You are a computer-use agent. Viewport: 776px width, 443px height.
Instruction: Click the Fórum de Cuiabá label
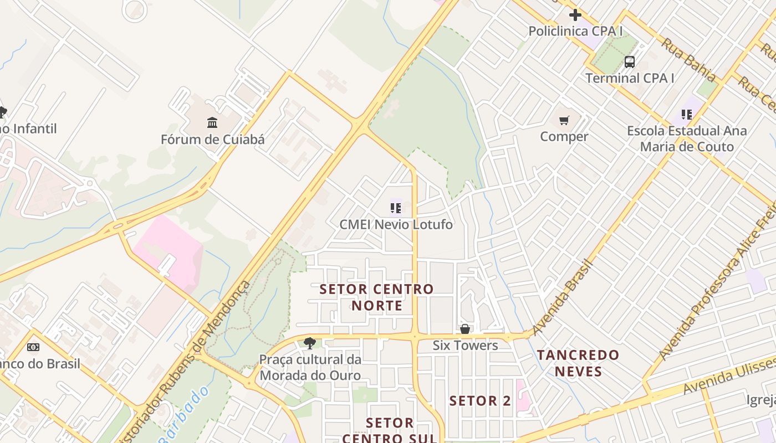pyautogui.click(x=212, y=139)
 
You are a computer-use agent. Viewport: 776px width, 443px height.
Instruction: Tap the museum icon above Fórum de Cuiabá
pyautogui.click(x=212, y=122)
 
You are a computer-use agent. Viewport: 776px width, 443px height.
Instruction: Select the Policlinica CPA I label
pyautogui.click(x=575, y=31)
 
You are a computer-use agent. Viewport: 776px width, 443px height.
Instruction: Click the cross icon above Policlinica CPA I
pyautogui.click(x=575, y=15)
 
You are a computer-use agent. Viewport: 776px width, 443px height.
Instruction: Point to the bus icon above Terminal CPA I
pyautogui.click(x=630, y=61)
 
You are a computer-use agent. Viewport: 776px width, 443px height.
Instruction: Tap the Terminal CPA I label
pyautogui.click(x=630, y=78)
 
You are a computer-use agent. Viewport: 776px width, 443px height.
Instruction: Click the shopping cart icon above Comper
pyautogui.click(x=564, y=120)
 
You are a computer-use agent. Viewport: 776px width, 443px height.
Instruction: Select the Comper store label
pyautogui.click(x=564, y=136)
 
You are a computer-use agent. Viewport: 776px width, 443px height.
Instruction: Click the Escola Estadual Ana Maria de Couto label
pyautogui.click(x=687, y=139)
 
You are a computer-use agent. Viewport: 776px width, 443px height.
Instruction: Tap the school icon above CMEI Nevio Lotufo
pyautogui.click(x=395, y=208)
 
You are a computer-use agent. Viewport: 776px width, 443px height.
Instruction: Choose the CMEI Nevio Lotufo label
pyautogui.click(x=396, y=224)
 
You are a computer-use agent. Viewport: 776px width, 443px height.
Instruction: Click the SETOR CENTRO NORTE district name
pyautogui.click(x=377, y=297)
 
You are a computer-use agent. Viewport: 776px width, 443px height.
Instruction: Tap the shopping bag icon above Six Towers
pyautogui.click(x=465, y=329)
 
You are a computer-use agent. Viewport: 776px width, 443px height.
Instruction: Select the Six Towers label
pyautogui.click(x=465, y=346)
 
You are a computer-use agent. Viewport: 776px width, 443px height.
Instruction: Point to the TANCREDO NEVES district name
pyautogui.click(x=578, y=363)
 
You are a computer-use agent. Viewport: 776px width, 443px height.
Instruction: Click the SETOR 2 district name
pyautogui.click(x=480, y=401)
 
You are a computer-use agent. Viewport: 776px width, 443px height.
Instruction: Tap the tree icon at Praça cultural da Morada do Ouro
pyautogui.click(x=310, y=343)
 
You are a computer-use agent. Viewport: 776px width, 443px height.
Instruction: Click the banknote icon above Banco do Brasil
pyautogui.click(x=33, y=347)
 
